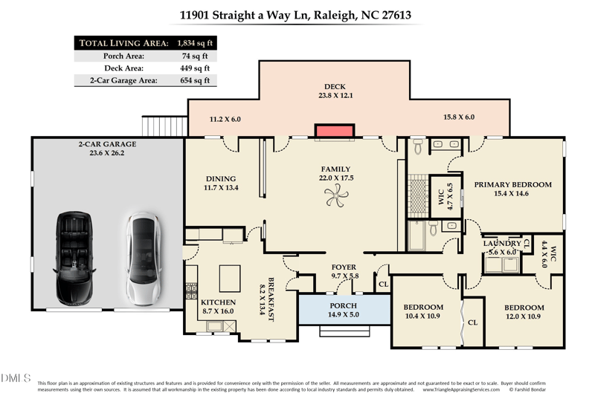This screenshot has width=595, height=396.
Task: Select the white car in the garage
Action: click(141, 258)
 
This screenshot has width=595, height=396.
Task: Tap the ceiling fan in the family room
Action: click(335, 195)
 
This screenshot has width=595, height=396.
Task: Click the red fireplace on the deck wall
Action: click(334, 132)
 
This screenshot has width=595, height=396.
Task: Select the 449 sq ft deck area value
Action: click(195, 68)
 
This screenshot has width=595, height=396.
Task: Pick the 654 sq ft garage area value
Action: click(195, 80)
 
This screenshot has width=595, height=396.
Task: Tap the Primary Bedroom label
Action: click(512, 184)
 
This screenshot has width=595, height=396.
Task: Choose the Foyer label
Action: click(344, 267)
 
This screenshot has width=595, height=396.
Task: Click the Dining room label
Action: click(220, 178)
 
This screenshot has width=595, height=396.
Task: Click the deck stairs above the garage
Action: click(164, 126)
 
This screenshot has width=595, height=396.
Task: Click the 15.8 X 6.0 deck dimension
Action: click(458, 117)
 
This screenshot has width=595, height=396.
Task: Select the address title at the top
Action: click(295, 14)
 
